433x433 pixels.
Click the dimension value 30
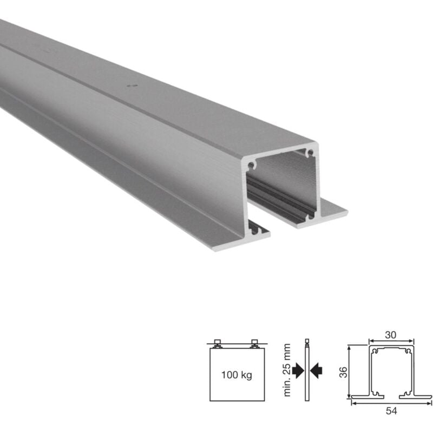click(x=391, y=335)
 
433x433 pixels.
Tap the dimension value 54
click(x=392, y=411)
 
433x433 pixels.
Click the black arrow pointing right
click(x=297, y=370)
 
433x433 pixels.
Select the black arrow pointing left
click(x=317, y=370)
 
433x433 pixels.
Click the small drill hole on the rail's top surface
click(x=129, y=85)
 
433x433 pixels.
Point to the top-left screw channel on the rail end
click(x=251, y=163)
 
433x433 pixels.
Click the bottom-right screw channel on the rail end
click(x=311, y=215)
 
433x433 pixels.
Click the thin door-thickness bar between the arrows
click(x=307, y=370)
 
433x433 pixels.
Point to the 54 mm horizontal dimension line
click(x=392, y=404)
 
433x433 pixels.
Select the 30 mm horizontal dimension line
click(x=391, y=342)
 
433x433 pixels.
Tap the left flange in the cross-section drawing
click(x=359, y=397)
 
